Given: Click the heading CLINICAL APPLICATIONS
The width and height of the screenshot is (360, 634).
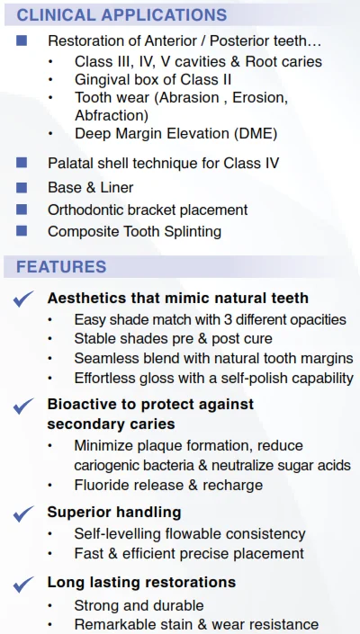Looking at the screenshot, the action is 121,15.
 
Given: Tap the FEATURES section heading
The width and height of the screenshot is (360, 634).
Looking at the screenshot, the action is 61,267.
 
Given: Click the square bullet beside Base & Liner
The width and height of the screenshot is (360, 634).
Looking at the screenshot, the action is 22,187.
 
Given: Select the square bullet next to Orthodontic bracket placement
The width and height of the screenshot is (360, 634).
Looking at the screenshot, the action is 22,210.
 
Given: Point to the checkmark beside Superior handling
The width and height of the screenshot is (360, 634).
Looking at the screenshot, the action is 23,513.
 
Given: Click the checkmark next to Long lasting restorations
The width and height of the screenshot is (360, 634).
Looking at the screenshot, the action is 23,584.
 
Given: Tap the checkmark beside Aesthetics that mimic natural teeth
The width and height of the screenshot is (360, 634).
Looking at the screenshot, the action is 23,299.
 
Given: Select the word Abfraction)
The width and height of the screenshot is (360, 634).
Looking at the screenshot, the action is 112,116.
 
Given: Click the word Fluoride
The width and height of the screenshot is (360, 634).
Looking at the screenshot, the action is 102,485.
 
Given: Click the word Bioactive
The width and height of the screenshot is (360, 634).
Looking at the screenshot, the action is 84,404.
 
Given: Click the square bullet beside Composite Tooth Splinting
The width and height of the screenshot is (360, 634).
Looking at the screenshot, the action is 22,231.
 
